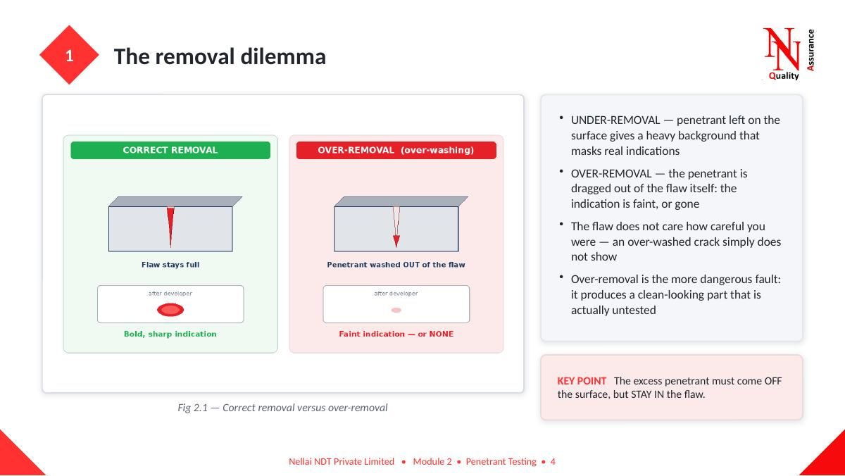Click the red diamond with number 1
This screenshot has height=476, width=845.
coord(69,55)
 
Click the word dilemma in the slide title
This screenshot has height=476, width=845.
coord(283,56)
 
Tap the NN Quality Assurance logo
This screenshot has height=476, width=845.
coord(789,54)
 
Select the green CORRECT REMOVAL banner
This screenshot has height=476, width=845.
coord(170,150)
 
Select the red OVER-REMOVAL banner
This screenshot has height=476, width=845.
coord(396,150)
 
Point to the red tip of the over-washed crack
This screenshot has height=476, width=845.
coord(396,241)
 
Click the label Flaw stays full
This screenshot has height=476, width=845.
coord(170,265)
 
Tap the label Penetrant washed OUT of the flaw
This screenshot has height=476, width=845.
coord(396,265)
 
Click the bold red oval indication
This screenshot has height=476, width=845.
coord(170,310)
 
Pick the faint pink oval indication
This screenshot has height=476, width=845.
coord(396,310)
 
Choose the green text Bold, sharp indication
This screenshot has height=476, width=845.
coord(170,334)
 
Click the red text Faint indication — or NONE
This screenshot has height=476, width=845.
coord(396,334)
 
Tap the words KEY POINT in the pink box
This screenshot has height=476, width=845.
coord(582,381)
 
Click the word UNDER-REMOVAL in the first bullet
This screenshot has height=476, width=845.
coord(615,120)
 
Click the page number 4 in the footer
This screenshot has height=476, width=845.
coord(553,462)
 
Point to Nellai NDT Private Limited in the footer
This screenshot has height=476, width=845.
coord(342,462)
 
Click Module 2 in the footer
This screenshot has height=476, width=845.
coord(432,462)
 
